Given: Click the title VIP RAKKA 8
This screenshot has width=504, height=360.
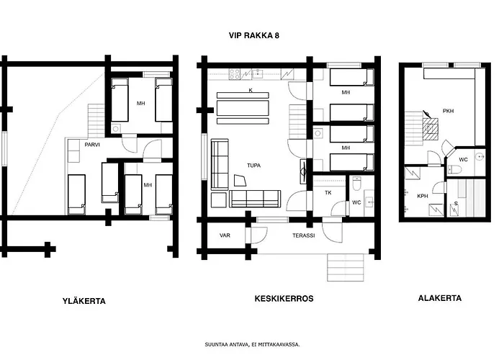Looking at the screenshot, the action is click(254, 35).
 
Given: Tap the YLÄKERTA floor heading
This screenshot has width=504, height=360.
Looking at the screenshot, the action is click(84, 301).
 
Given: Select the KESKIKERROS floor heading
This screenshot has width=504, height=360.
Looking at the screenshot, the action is click(284, 299).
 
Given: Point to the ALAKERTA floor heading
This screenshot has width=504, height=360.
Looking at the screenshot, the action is click(440, 298).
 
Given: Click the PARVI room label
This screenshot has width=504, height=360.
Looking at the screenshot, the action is click(92, 145).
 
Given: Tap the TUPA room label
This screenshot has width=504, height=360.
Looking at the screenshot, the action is click(253, 166).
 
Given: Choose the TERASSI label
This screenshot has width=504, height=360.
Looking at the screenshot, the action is click(303, 235).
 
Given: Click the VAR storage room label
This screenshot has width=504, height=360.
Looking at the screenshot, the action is click(225, 235).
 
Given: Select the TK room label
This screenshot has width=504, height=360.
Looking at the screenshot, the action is click(328, 193).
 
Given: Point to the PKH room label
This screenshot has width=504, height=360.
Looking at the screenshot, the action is click(448, 111).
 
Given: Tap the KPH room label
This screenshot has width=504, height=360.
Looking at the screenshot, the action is click(423, 196).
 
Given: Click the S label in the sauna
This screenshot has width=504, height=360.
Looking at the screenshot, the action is click(456, 204).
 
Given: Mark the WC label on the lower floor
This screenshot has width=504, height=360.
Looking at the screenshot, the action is click(463, 160).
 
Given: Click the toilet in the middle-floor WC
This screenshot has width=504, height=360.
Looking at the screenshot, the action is click(357, 183).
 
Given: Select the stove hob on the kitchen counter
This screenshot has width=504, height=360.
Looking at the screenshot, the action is click(234, 74).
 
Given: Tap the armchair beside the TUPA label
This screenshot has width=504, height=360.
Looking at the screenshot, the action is click(240, 180).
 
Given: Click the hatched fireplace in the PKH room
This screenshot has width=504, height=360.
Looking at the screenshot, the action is click(430, 129).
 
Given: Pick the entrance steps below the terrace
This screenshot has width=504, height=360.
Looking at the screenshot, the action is click(346, 268).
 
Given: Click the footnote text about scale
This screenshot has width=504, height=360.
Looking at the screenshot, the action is click(252, 345).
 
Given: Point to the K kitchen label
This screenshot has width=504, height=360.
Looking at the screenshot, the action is click(251, 90).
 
